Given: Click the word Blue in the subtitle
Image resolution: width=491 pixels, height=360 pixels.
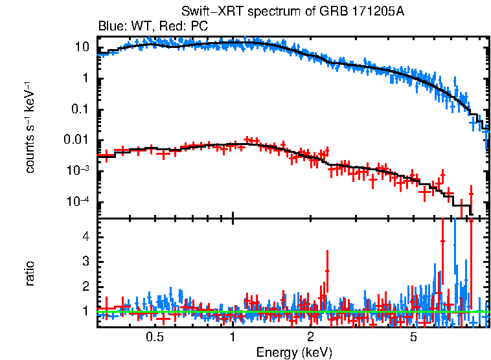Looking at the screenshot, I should (109, 27).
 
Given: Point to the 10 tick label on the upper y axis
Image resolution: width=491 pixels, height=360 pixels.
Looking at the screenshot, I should (82, 47).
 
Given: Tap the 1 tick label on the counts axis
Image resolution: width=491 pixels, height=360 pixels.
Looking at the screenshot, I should (85, 78).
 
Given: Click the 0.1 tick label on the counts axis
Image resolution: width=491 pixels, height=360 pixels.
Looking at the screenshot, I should (80, 109).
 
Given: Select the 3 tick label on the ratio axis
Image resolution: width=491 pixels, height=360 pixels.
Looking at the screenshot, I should (85, 261).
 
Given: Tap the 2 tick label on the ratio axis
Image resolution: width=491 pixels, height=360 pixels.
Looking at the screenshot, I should (85, 286).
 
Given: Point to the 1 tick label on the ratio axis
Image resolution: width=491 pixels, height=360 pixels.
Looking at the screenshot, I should (85, 311).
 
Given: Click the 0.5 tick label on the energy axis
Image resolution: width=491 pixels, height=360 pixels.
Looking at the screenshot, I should (154, 337).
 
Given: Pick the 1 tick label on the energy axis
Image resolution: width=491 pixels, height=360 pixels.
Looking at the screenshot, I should (233, 337).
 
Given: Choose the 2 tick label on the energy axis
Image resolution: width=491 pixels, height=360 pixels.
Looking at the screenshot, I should (311, 337).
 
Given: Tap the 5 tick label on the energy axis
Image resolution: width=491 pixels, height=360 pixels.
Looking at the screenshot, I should (414, 337).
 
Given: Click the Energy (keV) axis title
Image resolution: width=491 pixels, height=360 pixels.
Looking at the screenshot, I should (294, 352).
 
